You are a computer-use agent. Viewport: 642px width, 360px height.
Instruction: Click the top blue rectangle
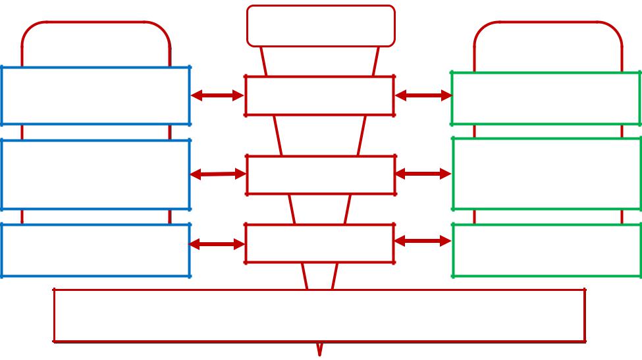pyautogui.click(x=95, y=95)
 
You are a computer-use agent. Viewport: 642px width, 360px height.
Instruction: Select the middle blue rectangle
pyautogui.click(x=95, y=174)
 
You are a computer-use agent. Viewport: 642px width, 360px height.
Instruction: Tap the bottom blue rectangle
pyautogui.click(x=95, y=250)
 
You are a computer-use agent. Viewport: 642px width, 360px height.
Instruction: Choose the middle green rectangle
pyautogui.click(x=547, y=173)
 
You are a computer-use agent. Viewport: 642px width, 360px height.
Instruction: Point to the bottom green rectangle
pyautogui.click(x=547, y=250)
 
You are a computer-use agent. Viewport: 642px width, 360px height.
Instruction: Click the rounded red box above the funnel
pyautogui.click(x=321, y=26)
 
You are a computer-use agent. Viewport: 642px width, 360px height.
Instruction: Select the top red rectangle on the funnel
pyautogui.click(x=320, y=95)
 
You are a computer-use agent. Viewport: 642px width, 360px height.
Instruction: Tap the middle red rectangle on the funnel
pyautogui.click(x=321, y=174)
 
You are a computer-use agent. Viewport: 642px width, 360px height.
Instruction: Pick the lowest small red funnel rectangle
pyautogui.click(x=320, y=244)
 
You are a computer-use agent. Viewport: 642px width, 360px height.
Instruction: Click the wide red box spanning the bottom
pyautogui.click(x=319, y=315)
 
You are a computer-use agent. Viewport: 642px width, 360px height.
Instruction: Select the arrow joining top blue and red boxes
pyautogui.click(x=217, y=95)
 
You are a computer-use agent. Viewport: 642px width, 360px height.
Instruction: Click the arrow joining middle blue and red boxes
pyautogui.click(x=218, y=174)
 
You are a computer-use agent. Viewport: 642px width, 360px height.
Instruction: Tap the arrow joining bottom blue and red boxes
pyautogui.click(x=217, y=244)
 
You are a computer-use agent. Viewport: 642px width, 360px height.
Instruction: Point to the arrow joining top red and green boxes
pyautogui.click(x=423, y=95)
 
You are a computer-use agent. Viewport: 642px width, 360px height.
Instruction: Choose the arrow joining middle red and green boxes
pyautogui.click(x=423, y=174)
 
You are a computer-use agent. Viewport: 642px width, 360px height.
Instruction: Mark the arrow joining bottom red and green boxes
pyautogui.click(x=423, y=242)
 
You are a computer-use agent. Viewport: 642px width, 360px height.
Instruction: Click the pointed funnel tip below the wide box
pyautogui.click(x=320, y=349)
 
